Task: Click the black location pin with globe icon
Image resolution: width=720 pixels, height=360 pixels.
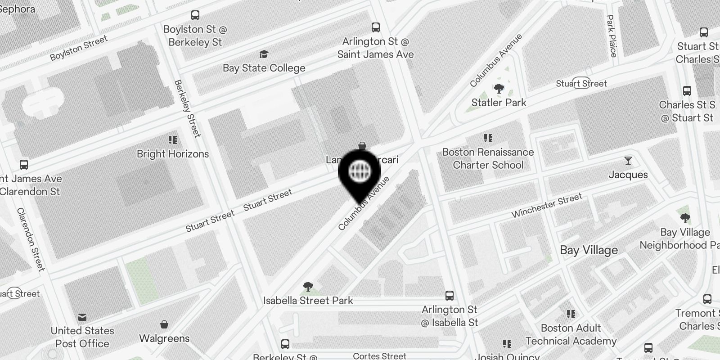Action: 360,172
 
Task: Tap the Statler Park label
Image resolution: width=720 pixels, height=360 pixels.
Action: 499,103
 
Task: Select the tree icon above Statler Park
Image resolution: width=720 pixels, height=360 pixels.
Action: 499,88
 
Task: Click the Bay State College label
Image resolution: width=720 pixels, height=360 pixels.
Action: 264,68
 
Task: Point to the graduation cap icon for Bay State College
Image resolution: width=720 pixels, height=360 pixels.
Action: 264,54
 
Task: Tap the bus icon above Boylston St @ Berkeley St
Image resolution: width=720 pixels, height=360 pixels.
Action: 195,15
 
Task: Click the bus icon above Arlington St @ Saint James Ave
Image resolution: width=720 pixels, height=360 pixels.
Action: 376,27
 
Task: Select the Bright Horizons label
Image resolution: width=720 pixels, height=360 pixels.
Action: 173,154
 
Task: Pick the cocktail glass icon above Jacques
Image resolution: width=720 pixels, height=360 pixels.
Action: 628,161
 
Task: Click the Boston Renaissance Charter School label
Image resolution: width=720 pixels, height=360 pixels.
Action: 488,158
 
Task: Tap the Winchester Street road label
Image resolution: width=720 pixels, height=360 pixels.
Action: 547,205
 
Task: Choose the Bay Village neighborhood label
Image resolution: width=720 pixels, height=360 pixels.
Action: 589,250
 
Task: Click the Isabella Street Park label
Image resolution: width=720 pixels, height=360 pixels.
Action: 308,301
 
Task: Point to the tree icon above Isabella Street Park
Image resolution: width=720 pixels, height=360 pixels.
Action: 308,287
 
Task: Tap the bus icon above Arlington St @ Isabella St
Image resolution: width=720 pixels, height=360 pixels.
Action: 449,296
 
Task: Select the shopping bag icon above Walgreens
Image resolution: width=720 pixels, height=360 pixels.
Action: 164,324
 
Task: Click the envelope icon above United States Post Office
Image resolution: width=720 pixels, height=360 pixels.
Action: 82,317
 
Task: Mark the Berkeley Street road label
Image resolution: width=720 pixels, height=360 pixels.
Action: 187,108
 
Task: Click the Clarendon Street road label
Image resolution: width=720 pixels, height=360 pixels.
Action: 31,239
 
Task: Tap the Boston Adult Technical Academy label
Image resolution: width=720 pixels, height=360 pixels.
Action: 571,334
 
